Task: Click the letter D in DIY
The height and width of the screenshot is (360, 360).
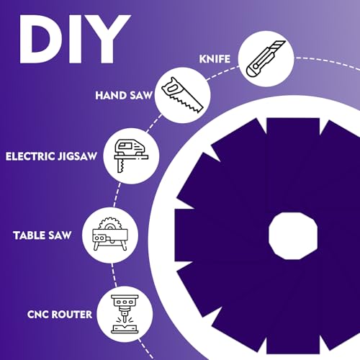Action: pyautogui.click(x=40, y=40)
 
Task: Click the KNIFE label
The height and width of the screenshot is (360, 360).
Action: pyautogui.click(x=215, y=59)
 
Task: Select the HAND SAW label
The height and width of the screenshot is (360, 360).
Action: pyautogui.click(x=124, y=95)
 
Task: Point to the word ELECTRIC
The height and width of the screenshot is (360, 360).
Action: pyautogui.click(x=30, y=156)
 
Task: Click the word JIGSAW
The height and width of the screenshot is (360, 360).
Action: pyautogui.click(x=77, y=156)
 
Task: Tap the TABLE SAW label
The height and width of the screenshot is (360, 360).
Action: pyautogui.click(x=42, y=235)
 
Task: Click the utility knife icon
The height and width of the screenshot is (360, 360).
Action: pyautogui.click(x=266, y=58)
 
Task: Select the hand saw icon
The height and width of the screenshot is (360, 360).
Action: pyautogui.click(x=182, y=95)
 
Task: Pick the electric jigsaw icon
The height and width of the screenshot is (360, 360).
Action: pyautogui.click(x=131, y=156)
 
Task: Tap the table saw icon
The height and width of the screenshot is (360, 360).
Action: pyautogui.click(x=110, y=234)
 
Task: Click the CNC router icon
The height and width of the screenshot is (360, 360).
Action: pyautogui.click(x=125, y=314)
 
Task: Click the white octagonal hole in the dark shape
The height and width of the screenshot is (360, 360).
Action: pyautogui.click(x=293, y=235)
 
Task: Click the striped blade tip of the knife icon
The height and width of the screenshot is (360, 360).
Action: pyautogui.click(x=279, y=46)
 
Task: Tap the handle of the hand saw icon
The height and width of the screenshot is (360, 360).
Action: pyautogui.click(x=171, y=87)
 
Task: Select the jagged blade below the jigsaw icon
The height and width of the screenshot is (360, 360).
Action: pyautogui.click(x=120, y=166)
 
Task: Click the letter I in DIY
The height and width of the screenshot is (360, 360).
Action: pyautogui.click(x=73, y=40)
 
